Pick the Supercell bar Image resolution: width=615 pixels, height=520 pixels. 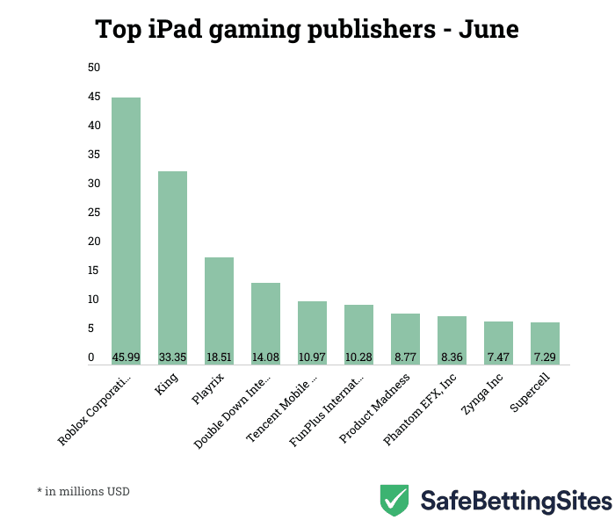point(545,343)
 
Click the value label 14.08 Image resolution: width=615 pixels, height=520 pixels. point(265,357)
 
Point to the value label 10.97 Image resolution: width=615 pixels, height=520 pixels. point(312,357)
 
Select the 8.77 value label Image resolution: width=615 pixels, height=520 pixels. point(405,357)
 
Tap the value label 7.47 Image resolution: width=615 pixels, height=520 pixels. point(498,357)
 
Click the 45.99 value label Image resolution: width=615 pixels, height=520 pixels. point(126,357)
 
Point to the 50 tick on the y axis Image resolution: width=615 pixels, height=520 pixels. point(94,68)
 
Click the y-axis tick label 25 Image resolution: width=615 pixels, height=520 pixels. point(94,213)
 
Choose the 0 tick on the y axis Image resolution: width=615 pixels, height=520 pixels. point(90,357)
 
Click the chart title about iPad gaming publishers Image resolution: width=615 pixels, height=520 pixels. point(307,30)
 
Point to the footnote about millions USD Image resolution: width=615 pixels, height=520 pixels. point(83,491)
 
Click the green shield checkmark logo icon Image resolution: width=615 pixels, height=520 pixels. point(394,500)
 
